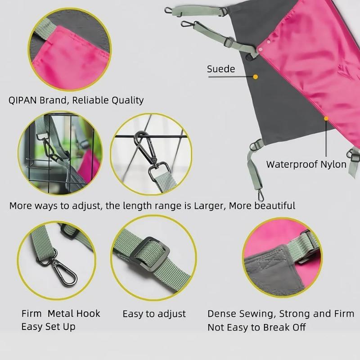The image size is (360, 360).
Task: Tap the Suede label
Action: pyautogui.click(x=220, y=69)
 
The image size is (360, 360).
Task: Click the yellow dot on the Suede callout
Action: pyautogui.click(x=256, y=77)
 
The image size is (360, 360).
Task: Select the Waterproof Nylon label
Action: pyautogui.click(x=306, y=164)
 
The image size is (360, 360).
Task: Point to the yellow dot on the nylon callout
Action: pyautogui.click(x=326, y=119)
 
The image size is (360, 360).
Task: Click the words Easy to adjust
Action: pyautogui.click(x=154, y=314)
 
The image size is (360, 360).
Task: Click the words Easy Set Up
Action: pyautogui.click(x=48, y=326)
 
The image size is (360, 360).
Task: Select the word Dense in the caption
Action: pyautogui.click(x=222, y=314)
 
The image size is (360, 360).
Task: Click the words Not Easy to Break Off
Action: pyautogui.click(x=256, y=327)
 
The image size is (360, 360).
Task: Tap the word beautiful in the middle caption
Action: pyautogui.click(x=274, y=206)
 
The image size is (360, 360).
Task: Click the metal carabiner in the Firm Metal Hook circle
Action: pyautogui.click(x=64, y=272)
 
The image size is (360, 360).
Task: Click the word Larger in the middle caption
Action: pyautogui.click(x=210, y=206)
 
